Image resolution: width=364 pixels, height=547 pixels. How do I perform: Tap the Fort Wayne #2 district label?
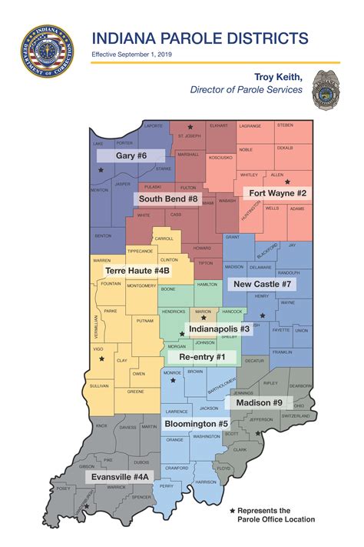(276, 192)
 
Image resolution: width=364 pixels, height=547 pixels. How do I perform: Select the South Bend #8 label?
(167, 198)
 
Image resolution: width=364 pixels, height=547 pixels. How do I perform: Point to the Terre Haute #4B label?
(137, 271)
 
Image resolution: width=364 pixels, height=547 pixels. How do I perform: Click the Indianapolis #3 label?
(219, 329)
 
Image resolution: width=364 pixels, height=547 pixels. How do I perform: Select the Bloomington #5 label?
(196, 423)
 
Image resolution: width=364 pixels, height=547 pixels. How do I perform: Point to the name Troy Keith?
(280, 77)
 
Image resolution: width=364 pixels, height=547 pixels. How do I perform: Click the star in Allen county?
(287, 182)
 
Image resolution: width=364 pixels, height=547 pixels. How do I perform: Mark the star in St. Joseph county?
(190, 127)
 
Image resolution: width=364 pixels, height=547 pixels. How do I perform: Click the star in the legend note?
(233, 510)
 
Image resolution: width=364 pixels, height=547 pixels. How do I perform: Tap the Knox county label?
(101, 425)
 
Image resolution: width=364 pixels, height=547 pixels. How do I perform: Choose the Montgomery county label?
(141, 286)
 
